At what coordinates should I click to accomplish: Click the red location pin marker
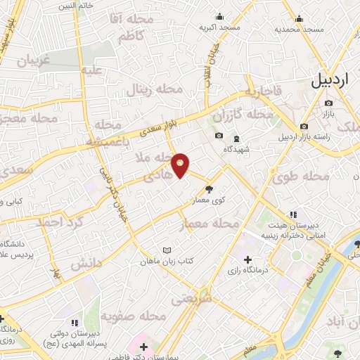pos(181,165)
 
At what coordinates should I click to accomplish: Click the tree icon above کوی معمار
pos(209,189)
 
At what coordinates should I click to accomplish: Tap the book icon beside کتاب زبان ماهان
pos(167,250)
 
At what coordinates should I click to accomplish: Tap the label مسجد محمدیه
pos(299,29)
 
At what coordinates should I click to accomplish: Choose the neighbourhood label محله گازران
pos(245,114)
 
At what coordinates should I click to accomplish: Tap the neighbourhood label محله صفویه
pos(134,317)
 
